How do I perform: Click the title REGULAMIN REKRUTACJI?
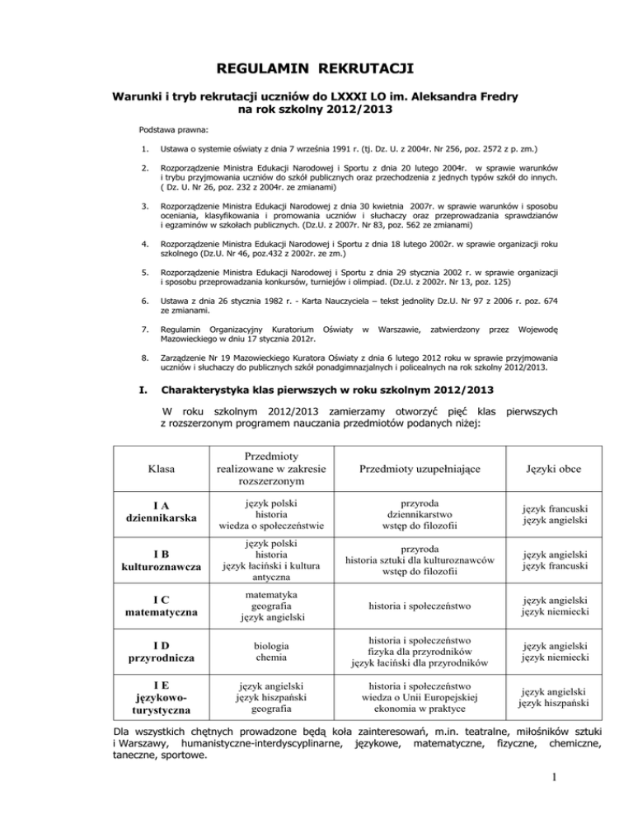pyautogui.click(x=316, y=65)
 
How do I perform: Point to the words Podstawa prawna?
pyautogui.click(x=174, y=130)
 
